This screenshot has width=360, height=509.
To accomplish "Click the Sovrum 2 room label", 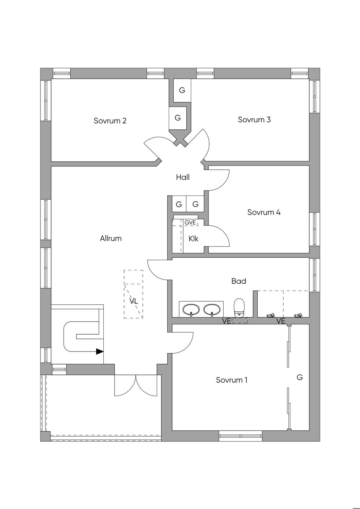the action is point(110,121).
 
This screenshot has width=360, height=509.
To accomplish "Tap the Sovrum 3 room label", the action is point(254,120).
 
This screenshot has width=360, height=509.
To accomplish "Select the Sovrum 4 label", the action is point(264,212).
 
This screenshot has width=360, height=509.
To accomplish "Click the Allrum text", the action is point(111,238).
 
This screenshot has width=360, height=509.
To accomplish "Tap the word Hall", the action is point(183,177).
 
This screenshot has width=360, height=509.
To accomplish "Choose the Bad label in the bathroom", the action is point(239,281).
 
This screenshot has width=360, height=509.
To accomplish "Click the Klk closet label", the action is point(193,239).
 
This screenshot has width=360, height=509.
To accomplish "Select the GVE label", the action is point(190,223).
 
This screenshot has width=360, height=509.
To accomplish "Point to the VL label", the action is point(134,301).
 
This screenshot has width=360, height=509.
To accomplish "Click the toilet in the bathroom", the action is point(239,308).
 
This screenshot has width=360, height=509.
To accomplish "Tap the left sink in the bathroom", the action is point(191,310).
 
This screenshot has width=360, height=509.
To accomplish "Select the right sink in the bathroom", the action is point(212,310).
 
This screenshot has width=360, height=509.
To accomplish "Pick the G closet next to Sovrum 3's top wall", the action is point(182,90).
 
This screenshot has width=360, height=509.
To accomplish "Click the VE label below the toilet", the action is point(226,321).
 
